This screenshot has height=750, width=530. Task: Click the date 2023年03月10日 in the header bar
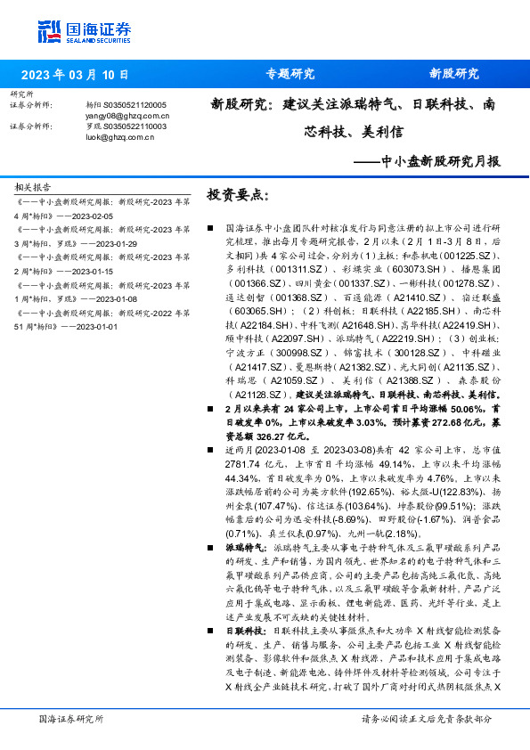75,75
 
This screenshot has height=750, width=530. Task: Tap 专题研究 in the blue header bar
290,75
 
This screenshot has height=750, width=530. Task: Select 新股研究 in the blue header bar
454,75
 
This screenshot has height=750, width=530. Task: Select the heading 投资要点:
237,194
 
